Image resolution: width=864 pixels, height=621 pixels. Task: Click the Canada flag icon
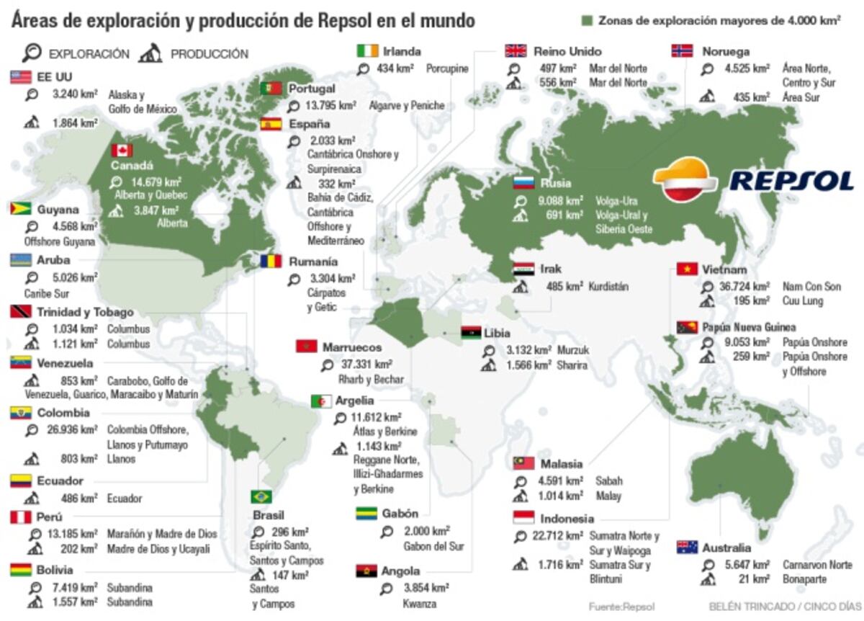(122, 151)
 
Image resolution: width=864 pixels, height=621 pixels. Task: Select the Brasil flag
(261, 497)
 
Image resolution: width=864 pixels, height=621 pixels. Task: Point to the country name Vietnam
(724, 269)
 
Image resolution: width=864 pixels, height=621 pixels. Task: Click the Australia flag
(687, 548)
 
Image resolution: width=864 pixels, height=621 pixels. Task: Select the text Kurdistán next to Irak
(608, 287)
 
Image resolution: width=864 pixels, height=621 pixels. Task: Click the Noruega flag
(682, 51)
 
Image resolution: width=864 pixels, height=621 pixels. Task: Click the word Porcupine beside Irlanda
(447, 69)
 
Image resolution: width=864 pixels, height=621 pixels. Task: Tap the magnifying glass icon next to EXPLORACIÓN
(32, 53)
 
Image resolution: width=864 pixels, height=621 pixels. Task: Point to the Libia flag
(471, 334)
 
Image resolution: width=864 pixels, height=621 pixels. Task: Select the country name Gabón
(400, 514)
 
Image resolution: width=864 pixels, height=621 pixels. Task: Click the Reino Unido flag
(516, 51)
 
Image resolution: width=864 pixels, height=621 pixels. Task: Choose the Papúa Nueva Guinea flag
(687, 327)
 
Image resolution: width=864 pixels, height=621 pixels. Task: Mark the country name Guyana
(58, 210)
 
